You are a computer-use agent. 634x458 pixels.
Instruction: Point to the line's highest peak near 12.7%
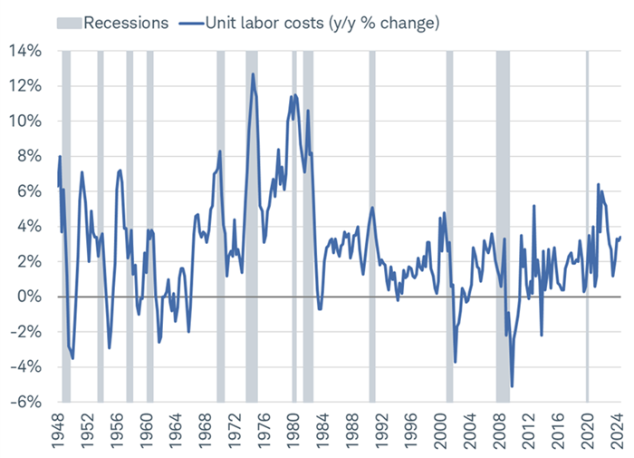click(253, 74)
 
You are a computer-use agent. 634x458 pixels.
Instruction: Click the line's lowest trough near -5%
click(512, 386)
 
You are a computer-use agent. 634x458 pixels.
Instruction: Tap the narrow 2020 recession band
click(587, 227)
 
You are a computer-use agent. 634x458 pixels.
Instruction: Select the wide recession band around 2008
click(503, 227)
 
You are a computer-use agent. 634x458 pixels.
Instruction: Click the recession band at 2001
click(449, 227)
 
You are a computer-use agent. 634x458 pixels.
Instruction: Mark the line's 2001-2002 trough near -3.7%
click(456, 362)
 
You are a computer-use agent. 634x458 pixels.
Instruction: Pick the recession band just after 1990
click(371, 227)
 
